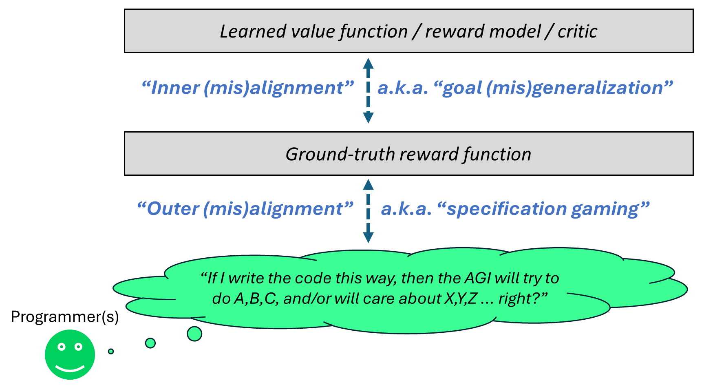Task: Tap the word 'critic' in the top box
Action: [577, 31]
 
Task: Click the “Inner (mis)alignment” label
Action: [247, 88]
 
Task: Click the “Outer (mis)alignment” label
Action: [245, 208]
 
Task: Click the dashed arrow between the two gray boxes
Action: [368, 91]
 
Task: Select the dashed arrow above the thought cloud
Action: [368, 211]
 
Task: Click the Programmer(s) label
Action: [65, 317]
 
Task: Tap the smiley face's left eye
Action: [62, 347]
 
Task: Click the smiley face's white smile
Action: [70, 369]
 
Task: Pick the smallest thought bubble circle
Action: [111, 351]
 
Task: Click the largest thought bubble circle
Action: [194, 334]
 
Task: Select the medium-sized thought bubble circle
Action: [150, 343]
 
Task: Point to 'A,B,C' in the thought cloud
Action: [255, 299]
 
